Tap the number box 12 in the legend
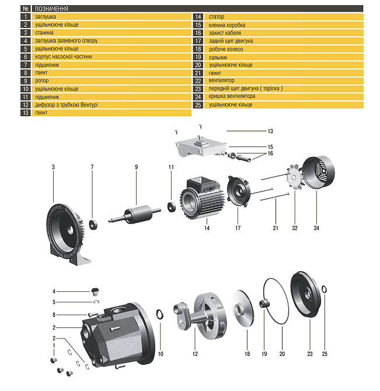click(25, 105)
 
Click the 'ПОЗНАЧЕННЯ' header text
click(52, 9)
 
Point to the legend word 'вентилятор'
click(221, 81)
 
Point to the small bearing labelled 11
click(172, 206)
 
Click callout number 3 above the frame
click(53, 167)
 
